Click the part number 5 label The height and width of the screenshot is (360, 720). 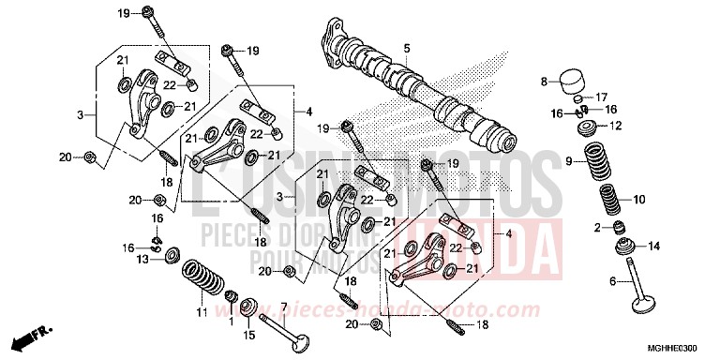[408, 48]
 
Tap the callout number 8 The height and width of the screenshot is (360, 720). [543, 82]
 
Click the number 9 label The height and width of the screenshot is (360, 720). [568, 161]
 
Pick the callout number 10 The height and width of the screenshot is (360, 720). [638, 200]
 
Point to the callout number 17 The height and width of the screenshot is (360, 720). [602, 96]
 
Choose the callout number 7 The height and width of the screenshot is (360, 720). [284, 307]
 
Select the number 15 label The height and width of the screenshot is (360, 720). [248, 335]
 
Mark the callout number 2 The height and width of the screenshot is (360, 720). [595, 228]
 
